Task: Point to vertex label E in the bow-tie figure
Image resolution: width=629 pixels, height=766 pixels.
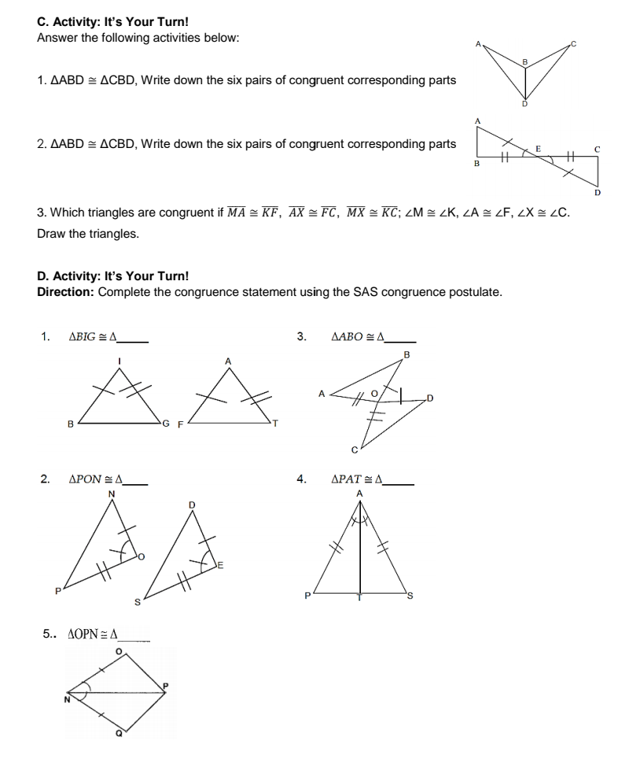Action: (x=539, y=148)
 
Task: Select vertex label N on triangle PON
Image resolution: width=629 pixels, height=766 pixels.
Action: (x=111, y=494)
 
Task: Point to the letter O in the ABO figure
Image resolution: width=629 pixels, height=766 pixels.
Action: (x=374, y=391)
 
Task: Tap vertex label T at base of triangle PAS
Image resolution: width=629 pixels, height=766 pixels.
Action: (x=360, y=599)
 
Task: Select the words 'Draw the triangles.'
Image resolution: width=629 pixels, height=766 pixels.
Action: (x=87, y=234)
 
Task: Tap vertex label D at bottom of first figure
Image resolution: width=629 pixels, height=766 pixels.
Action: (x=524, y=104)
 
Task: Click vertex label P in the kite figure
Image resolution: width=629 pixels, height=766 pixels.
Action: (x=166, y=687)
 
